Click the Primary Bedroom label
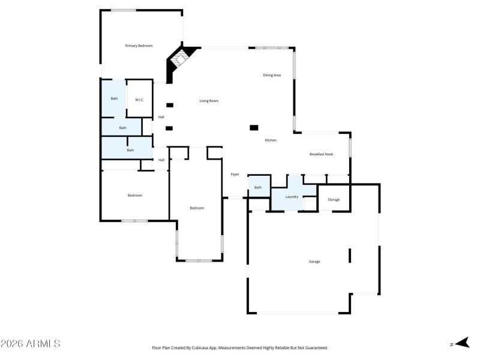coord(139,46)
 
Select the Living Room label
coord(209,101)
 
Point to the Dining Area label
coord(272,76)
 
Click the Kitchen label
coord(271,140)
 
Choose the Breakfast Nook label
coord(321,154)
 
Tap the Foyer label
coord(235,175)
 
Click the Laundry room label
coord(292,197)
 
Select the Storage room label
coord(334,200)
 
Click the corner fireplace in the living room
coord(179,60)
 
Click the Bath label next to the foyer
coord(258,188)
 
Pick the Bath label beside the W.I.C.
coord(114,99)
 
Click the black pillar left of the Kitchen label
coord(254,127)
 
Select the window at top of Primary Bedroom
coord(123,10)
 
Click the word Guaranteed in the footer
coord(314,348)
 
